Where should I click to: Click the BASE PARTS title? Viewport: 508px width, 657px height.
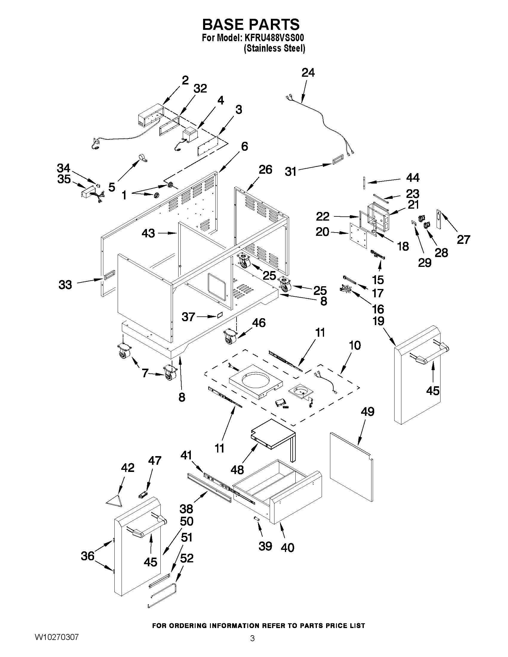point(251,24)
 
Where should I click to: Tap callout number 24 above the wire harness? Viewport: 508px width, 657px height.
point(308,73)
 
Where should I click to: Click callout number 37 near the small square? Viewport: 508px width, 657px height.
point(189,317)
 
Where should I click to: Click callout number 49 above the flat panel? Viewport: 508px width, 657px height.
point(368,412)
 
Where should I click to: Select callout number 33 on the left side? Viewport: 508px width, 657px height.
point(65,284)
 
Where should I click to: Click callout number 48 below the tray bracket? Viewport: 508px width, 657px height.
point(237,470)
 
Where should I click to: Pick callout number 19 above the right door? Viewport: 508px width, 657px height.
point(378,321)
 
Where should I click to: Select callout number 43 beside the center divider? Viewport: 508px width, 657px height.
point(148,233)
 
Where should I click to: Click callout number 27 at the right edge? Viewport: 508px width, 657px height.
point(463,239)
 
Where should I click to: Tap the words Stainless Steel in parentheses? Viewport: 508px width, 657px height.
point(274,48)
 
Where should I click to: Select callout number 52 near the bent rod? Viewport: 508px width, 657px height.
point(187,558)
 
